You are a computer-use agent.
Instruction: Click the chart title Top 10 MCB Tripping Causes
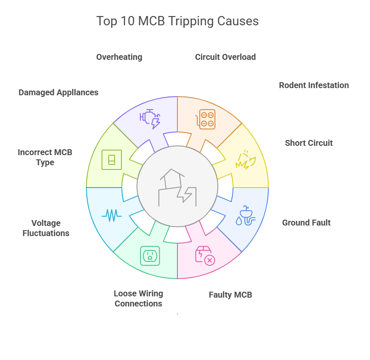[x=177, y=21]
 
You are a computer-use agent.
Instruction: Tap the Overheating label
[x=119, y=57]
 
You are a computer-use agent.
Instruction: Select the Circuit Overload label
[x=225, y=57]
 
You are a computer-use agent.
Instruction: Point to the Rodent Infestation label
[x=314, y=85]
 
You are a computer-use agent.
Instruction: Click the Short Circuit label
[x=308, y=143]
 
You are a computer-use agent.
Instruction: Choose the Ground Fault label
[x=306, y=223]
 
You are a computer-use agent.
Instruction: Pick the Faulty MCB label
[x=230, y=295]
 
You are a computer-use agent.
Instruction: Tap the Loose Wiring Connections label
[x=138, y=298]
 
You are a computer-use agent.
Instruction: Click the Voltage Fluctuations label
[x=46, y=228]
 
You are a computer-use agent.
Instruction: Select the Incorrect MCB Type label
[x=45, y=157]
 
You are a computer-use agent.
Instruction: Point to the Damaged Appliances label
[x=58, y=92]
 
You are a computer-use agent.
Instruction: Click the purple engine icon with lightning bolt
[x=150, y=118]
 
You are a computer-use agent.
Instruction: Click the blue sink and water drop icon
[x=246, y=215]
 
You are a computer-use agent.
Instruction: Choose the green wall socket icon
[x=150, y=256]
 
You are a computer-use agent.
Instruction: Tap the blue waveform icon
[x=112, y=215]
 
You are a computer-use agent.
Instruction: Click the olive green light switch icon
[x=112, y=160]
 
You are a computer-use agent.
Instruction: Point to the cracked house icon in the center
[x=177, y=188]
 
